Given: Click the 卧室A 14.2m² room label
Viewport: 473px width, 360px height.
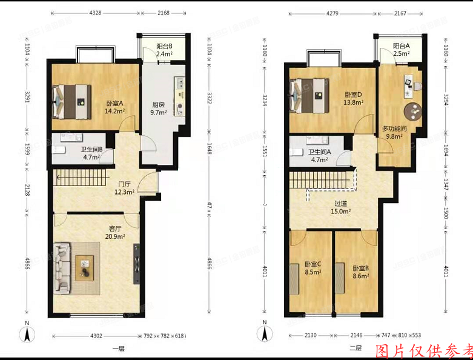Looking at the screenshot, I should point(114,107).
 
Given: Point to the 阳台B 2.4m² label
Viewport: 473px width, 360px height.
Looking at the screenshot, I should point(165,50).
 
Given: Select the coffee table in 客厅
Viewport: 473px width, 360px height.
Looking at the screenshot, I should point(85,265).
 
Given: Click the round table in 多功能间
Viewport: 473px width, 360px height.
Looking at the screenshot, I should point(414,110).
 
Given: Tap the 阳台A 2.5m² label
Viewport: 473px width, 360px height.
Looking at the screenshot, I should point(401,50).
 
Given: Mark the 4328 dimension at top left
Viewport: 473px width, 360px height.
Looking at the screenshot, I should point(95,12).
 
